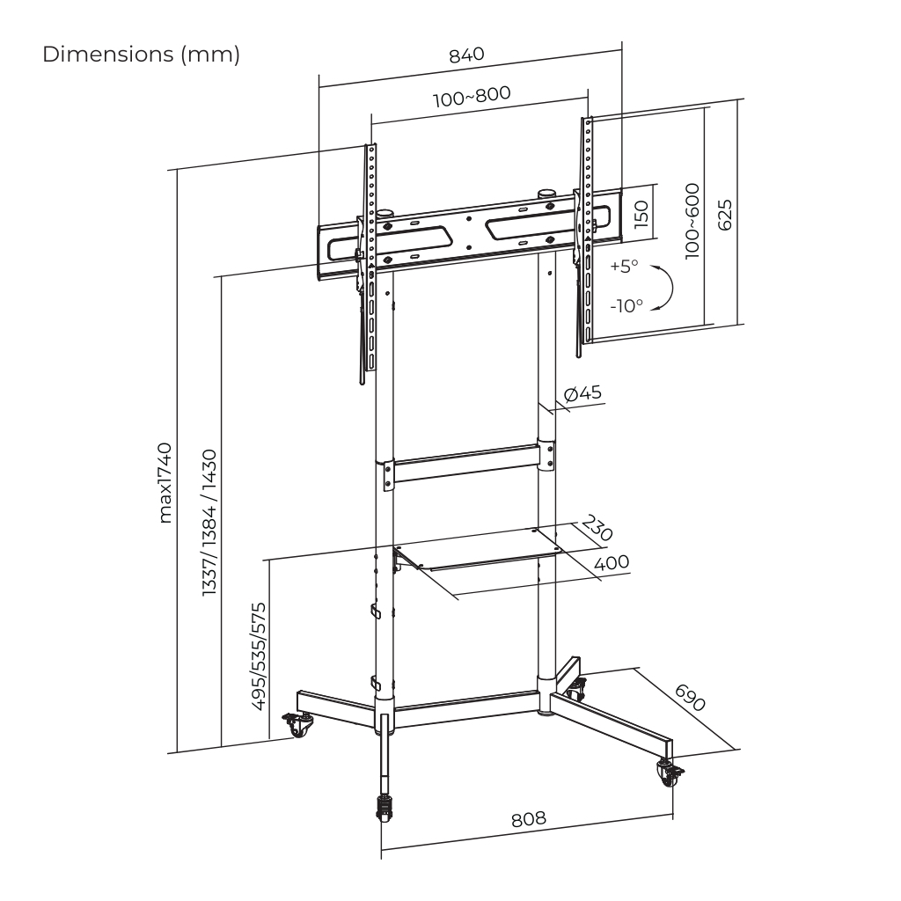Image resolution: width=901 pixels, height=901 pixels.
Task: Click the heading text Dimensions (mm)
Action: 142,55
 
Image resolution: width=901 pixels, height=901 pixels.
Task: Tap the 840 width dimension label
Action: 466,55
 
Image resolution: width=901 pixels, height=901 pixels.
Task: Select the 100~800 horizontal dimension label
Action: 472,97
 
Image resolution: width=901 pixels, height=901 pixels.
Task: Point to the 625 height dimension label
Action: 725,215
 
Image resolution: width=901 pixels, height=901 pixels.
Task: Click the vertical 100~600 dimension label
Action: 692,221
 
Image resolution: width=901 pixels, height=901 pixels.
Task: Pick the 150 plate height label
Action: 641,215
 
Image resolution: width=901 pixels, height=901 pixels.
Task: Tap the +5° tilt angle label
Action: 625,266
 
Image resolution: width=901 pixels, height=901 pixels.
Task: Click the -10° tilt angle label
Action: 626,305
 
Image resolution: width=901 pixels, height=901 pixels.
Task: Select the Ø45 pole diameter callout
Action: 582,393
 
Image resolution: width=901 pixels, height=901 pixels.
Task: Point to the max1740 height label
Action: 165,483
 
